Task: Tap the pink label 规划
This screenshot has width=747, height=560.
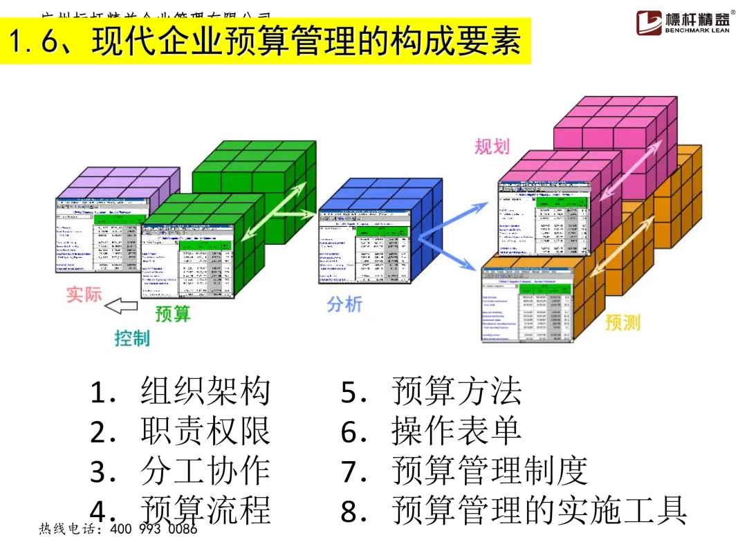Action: coord(492,146)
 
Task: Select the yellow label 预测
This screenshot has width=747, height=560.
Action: coord(622,322)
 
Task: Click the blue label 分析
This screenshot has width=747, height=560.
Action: coord(344,304)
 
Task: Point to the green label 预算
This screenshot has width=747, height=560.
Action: coord(172,314)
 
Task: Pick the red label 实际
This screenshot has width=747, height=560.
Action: coord(84,294)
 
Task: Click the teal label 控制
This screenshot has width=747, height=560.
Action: coord(131,339)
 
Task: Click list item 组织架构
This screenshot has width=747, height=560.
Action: coord(205,392)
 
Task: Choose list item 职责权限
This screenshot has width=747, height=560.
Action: coord(205,431)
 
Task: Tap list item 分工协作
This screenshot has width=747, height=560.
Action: coord(205,471)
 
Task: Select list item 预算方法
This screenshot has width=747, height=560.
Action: coord(456,392)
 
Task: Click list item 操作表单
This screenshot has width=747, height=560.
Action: coord(456,431)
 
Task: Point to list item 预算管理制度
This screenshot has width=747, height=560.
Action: coord(490,471)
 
